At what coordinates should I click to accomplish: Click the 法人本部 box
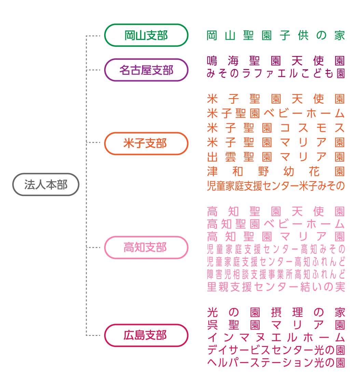tap(46, 185)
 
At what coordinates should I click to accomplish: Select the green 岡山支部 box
tap(146, 35)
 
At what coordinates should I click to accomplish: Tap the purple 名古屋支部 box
tap(146, 70)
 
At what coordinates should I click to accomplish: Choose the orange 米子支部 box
tap(146, 143)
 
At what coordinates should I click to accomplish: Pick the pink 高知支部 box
tap(146, 247)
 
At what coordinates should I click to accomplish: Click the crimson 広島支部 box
tap(146, 335)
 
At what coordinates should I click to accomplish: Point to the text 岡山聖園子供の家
tap(276, 36)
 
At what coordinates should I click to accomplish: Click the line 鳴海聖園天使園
tap(276, 61)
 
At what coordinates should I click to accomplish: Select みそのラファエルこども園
tap(276, 73)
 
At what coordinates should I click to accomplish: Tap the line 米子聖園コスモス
tap(276, 128)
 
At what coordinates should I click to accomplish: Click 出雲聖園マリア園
tap(276, 157)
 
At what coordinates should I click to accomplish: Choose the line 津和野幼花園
tap(276, 171)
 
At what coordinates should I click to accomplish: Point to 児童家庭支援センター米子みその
tap(276, 186)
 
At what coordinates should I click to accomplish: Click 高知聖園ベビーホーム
tap(276, 224)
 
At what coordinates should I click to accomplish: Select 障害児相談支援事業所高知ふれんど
tap(276, 274)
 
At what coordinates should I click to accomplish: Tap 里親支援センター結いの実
tap(276, 287)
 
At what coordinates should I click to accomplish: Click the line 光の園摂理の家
tap(276, 312)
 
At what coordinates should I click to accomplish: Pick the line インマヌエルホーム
tap(276, 337)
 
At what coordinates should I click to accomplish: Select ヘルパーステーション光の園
tap(276, 362)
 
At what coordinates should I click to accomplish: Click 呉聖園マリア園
tap(276, 325)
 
